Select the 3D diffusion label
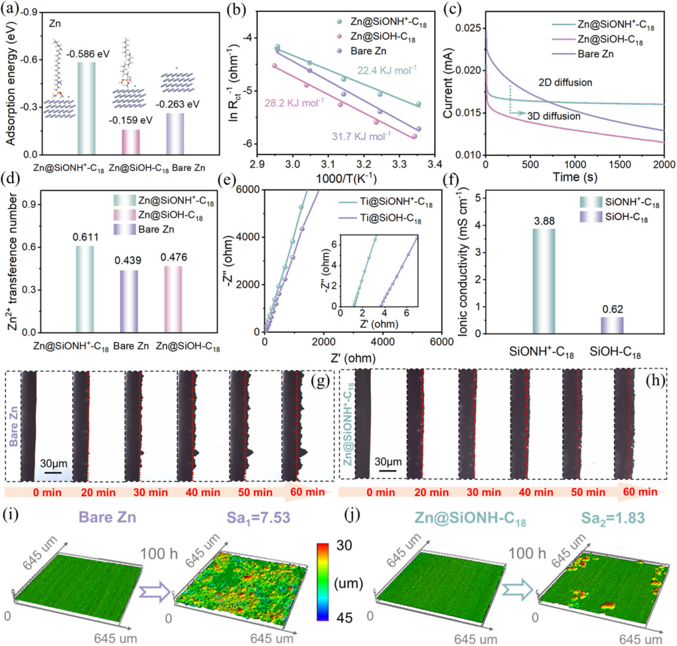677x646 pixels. tap(557, 116)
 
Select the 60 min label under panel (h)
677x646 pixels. tap(639, 492)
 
